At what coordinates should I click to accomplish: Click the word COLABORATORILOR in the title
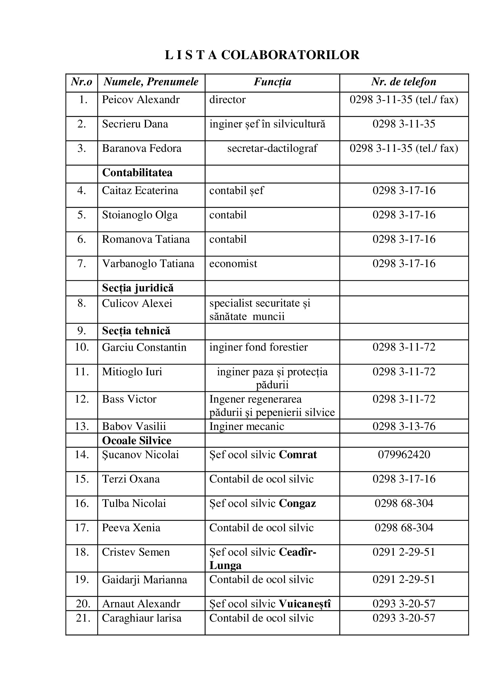pos(290,55)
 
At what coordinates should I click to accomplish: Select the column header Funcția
pos(272,82)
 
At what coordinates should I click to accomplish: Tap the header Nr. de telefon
pos(404,82)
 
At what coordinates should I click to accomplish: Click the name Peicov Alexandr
pos(141,100)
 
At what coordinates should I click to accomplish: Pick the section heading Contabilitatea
pos(137,173)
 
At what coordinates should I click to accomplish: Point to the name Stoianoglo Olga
pos(140,215)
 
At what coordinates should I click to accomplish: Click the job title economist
pos(233,264)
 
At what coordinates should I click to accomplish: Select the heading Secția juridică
pos(138,288)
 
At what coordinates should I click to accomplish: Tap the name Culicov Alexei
pos(137,303)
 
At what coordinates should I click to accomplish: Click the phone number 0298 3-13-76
pos(404,426)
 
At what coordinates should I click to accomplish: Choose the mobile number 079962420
pos(404,455)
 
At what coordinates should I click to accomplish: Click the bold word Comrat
pos(298,455)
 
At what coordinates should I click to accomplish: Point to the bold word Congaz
pos(297,503)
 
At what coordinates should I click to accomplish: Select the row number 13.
pos(82,426)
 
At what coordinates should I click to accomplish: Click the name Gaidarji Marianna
pos(145,580)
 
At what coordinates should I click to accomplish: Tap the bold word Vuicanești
pos(305,604)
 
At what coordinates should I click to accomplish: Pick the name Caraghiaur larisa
pos(142,618)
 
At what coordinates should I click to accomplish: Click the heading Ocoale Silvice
pos(137,440)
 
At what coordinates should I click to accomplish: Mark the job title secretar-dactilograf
pos(272,148)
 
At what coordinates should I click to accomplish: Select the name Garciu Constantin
pos(144,347)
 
